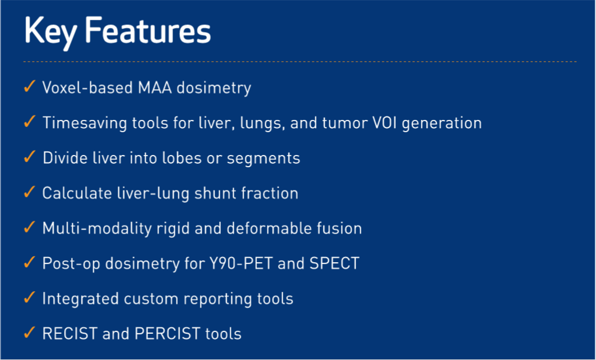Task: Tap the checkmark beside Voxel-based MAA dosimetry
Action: click(x=29, y=87)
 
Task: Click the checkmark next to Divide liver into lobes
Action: click(x=29, y=157)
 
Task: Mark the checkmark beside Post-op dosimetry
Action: click(x=29, y=263)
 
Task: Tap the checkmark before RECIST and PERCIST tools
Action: click(x=29, y=333)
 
